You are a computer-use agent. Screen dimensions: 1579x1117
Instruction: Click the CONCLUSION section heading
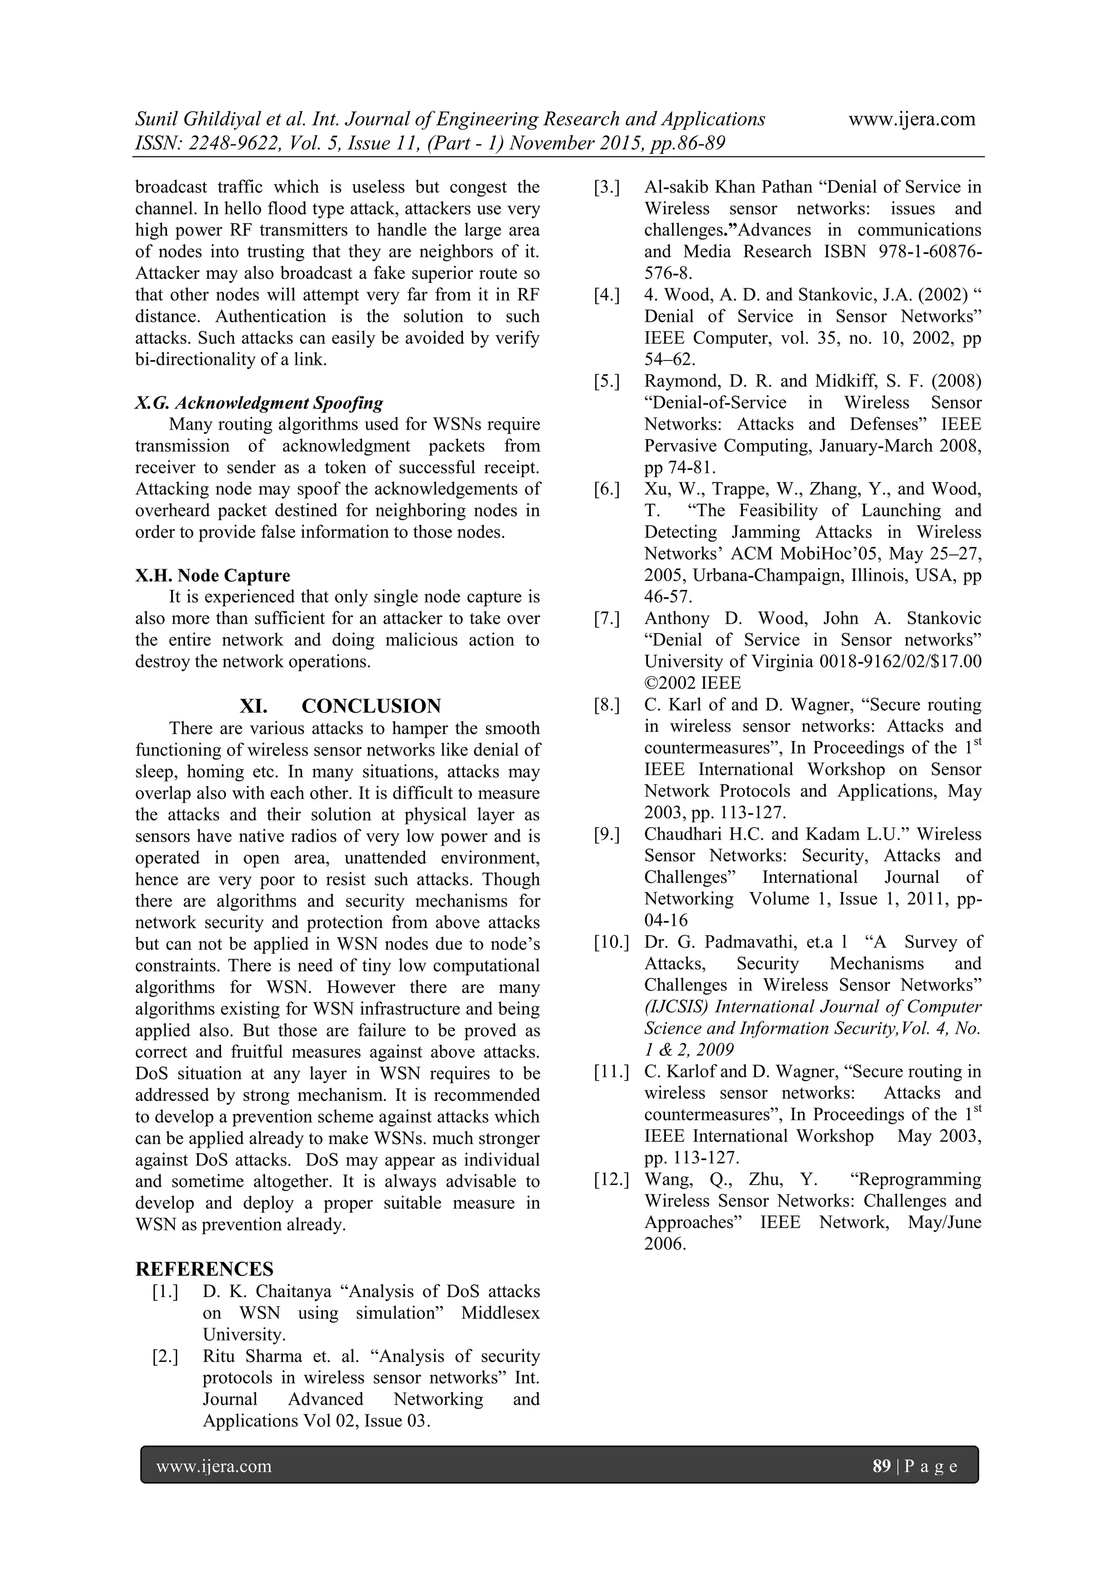[x=371, y=706]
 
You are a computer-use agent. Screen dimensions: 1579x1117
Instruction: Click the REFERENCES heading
[x=205, y=1269]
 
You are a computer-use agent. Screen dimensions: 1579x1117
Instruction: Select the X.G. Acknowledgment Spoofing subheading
[x=259, y=403]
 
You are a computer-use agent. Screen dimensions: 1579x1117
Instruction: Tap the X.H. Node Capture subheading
[x=213, y=576]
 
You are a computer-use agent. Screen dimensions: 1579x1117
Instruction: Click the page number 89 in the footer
[x=881, y=1466]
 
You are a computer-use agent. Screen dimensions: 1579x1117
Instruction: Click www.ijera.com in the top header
[x=911, y=119]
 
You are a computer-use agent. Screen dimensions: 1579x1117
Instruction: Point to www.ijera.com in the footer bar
[x=214, y=1466]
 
